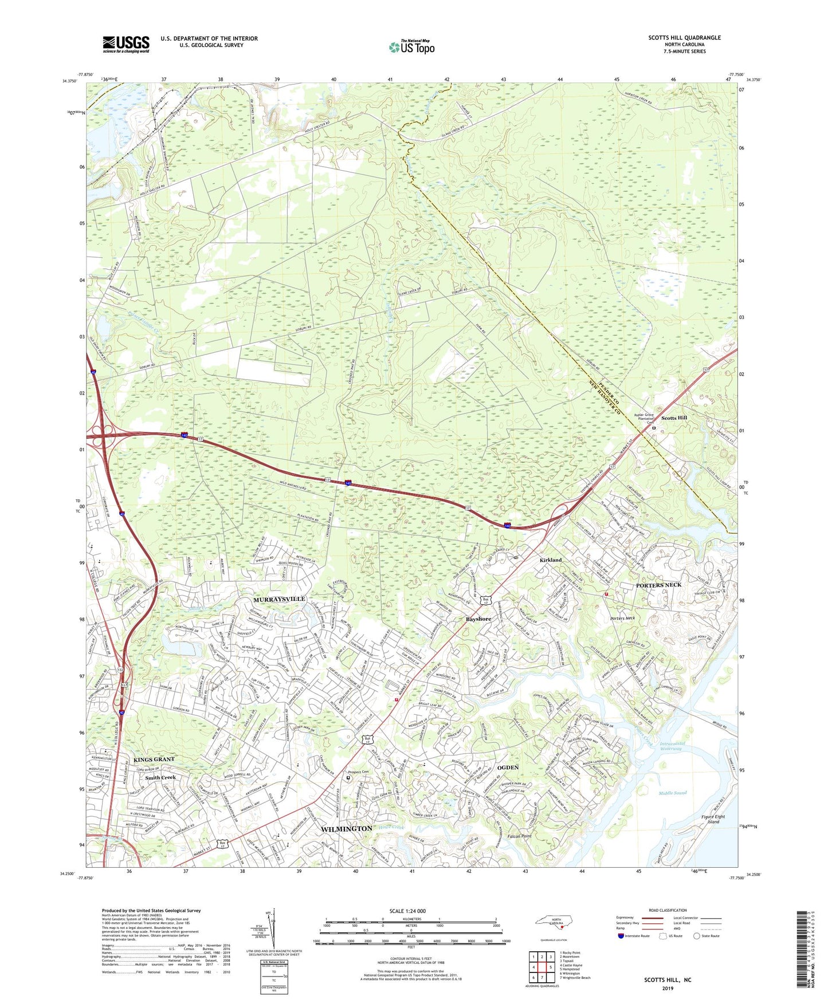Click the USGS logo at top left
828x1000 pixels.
[x=126, y=44]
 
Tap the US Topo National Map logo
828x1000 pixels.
[x=411, y=47]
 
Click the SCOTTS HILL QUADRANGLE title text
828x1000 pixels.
[x=684, y=38]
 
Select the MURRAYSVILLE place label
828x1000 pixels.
[x=279, y=599]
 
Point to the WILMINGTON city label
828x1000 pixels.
[x=346, y=829]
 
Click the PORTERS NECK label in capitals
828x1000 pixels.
[x=658, y=585]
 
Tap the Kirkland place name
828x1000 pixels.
[x=550, y=560]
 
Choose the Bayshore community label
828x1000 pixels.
[x=478, y=619]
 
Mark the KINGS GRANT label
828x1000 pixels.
[x=154, y=759]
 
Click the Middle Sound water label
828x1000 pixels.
[x=672, y=793]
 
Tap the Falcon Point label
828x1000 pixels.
[x=518, y=837]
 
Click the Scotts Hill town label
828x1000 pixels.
[x=674, y=418]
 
